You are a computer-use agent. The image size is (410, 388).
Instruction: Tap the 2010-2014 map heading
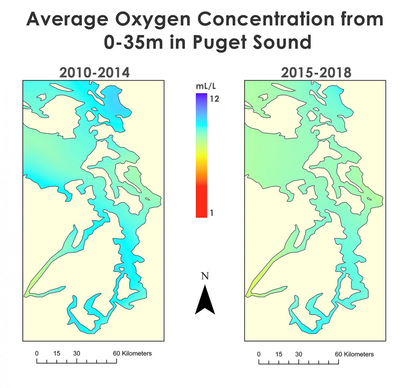click(94, 73)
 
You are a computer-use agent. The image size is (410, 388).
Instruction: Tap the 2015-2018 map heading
click(316, 73)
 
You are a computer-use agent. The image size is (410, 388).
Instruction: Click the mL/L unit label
click(206, 86)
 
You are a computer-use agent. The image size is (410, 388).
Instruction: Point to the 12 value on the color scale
click(214, 99)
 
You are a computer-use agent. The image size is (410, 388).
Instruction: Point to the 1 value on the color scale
click(211, 213)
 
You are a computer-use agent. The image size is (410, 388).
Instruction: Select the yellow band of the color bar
click(201, 157)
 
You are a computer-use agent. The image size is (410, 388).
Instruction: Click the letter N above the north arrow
click(205, 276)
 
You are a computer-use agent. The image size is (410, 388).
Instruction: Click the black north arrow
click(205, 301)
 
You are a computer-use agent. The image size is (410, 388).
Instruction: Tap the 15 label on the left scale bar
click(57, 353)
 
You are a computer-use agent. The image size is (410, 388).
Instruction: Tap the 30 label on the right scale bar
click(299, 354)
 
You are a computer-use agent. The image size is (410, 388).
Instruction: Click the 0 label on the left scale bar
click(37, 353)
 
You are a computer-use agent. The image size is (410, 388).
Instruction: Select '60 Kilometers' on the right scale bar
click(354, 354)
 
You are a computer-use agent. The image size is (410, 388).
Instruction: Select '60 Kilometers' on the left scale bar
click(132, 353)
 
